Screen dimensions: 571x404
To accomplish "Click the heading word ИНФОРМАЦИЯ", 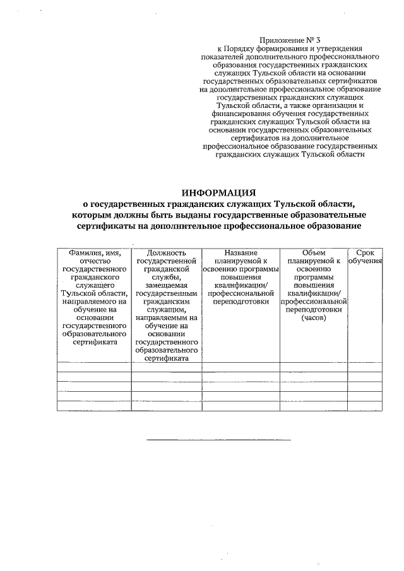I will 218,192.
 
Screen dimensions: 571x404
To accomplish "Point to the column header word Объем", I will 314,253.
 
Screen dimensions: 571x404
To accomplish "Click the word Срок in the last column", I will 365,253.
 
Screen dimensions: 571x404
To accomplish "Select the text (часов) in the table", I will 314,318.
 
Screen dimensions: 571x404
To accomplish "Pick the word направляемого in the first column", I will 95,302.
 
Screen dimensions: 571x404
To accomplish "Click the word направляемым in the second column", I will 162,318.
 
